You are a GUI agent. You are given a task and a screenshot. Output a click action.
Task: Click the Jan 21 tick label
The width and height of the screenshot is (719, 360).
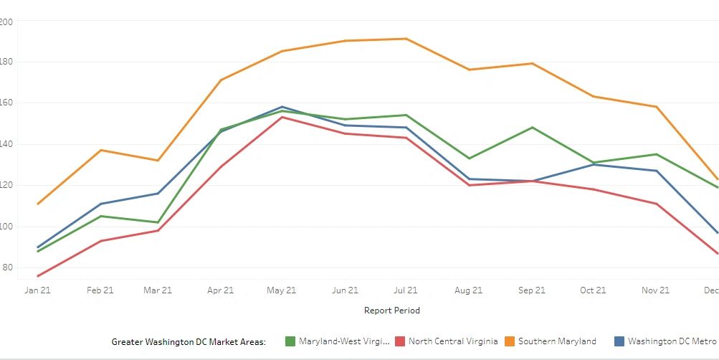(x=37, y=290)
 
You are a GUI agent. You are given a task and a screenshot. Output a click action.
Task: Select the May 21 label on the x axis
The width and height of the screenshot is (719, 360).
(x=282, y=290)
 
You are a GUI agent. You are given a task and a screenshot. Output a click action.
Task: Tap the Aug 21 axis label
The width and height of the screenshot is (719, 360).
(x=468, y=290)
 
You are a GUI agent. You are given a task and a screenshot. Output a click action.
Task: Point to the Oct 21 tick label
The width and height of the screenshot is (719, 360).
(x=593, y=290)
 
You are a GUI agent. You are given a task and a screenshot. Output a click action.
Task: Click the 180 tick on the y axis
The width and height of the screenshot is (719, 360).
(x=7, y=62)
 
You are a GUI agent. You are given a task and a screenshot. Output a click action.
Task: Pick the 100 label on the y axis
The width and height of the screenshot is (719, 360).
(x=7, y=227)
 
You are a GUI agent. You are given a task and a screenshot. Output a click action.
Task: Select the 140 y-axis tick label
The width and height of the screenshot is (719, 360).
(x=7, y=144)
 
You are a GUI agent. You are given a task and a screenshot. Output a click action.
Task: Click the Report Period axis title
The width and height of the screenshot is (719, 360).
(x=392, y=311)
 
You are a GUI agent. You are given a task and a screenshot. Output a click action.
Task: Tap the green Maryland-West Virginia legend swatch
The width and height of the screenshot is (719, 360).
(x=290, y=341)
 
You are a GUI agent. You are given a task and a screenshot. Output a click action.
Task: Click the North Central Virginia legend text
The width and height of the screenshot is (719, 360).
(x=453, y=341)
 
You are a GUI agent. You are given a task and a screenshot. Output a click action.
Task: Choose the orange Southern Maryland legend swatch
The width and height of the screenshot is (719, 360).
(x=510, y=341)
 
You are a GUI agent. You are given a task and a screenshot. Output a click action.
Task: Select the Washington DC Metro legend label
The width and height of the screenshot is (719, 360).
(x=672, y=341)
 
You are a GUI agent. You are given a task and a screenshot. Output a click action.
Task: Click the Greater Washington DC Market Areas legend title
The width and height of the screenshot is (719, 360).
(x=189, y=341)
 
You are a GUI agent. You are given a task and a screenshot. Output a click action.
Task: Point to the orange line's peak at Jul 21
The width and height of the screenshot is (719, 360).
(x=406, y=39)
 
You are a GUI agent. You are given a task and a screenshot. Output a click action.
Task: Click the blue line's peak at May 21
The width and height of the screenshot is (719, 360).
(x=282, y=107)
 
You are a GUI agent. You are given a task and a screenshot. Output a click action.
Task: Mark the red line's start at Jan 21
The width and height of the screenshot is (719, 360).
(x=37, y=276)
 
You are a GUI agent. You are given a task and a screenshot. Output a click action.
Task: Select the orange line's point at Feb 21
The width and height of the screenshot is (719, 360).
(x=100, y=150)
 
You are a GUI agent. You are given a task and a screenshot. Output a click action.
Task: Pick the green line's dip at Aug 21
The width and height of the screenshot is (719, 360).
(x=469, y=158)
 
